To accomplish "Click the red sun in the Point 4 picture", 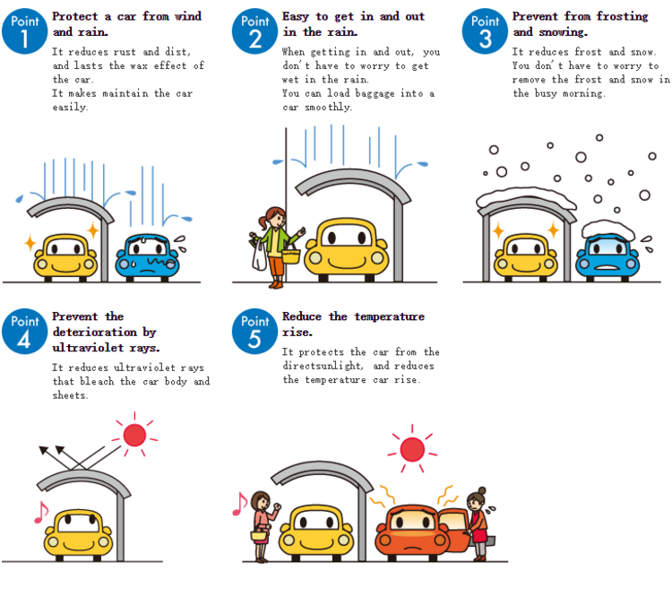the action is pyautogui.click(x=134, y=435).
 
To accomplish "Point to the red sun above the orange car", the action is pyautogui.click(x=412, y=448).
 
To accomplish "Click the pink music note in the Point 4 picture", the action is pyautogui.click(x=39, y=512).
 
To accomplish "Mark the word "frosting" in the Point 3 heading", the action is pyautogui.click(x=618, y=16).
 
